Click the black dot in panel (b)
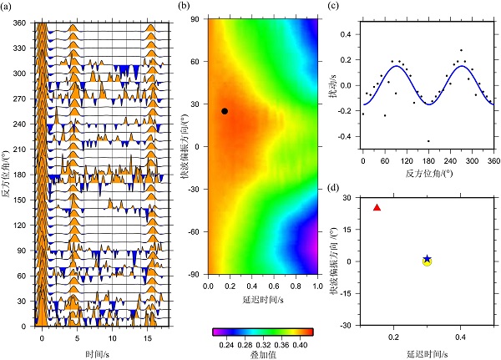(225, 111)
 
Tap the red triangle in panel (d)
(377, 208)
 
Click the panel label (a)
(8, 8)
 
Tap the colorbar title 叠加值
(263, 354)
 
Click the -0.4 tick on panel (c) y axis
(347, 135)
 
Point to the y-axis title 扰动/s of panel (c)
(332, 84)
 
